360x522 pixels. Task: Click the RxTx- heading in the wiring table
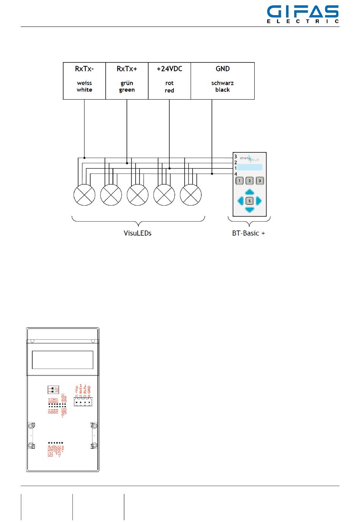(84, 69)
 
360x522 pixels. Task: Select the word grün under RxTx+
(127, 83)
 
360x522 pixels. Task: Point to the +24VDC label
(169, 69)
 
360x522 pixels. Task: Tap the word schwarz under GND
(222, 83)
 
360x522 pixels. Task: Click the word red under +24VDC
(169, 91)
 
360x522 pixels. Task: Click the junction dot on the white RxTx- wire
(85, 158)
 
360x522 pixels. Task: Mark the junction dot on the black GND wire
(212, 173)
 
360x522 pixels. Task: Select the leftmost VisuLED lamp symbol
(84, 195)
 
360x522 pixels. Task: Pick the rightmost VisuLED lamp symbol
(191, 195)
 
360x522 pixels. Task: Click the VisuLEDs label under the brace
(138, 233)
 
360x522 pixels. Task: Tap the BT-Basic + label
(248, 233)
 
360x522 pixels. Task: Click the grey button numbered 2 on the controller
(249, 181)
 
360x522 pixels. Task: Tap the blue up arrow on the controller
(249, 192)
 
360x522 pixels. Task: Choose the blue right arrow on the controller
(259, 201)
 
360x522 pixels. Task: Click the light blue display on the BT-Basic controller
(250, 167)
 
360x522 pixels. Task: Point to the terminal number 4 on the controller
(236, 174)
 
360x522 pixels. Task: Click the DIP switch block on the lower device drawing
(53, 389)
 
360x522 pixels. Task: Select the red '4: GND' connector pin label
(89, 390)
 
